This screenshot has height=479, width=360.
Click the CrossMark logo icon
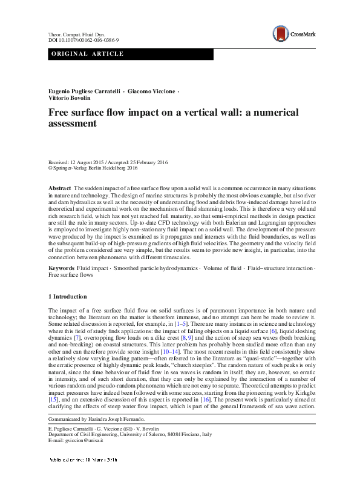(280, 33)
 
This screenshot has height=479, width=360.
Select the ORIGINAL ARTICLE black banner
(131, 55)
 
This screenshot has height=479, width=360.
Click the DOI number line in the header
(83, 40)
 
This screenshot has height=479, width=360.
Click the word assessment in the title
(73, 124)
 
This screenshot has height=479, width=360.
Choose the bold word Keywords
(61, 267)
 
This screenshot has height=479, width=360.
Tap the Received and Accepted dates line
(108, 162)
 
